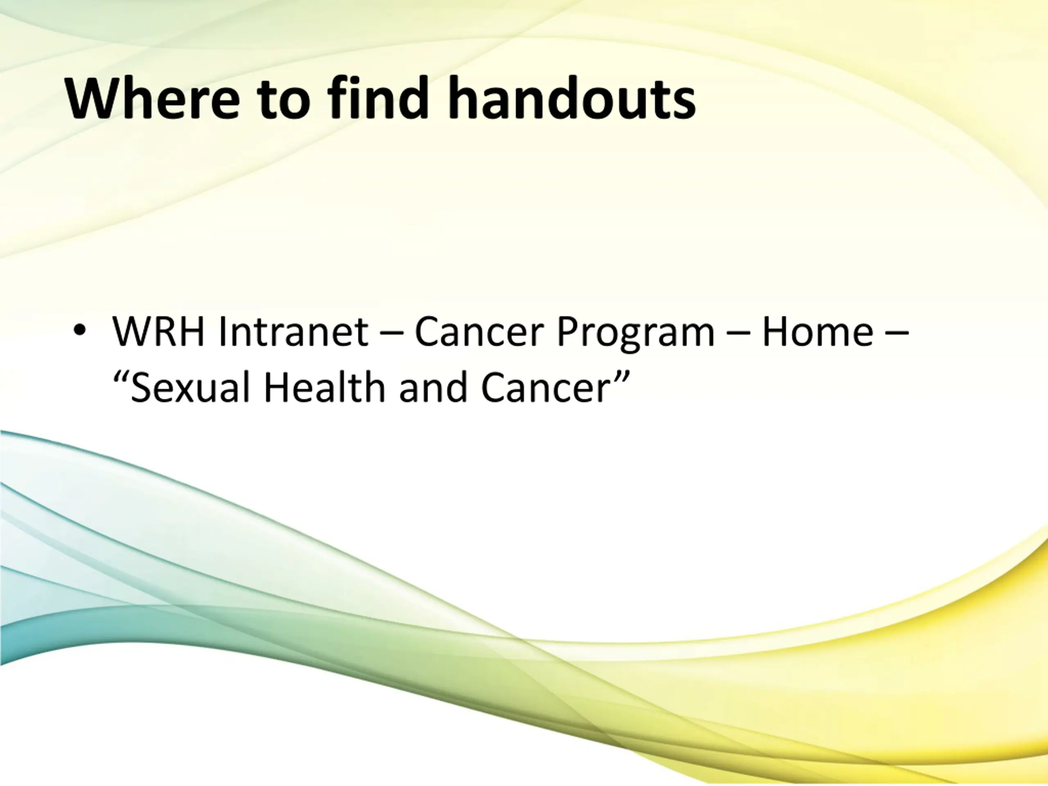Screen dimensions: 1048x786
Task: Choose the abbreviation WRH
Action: (158, 331)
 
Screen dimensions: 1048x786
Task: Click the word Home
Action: (817, 331)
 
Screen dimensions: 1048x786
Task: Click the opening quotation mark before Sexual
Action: (120, 377)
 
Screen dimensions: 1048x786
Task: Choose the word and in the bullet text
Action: (434, 387)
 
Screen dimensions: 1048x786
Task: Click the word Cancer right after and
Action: (545, 387)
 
